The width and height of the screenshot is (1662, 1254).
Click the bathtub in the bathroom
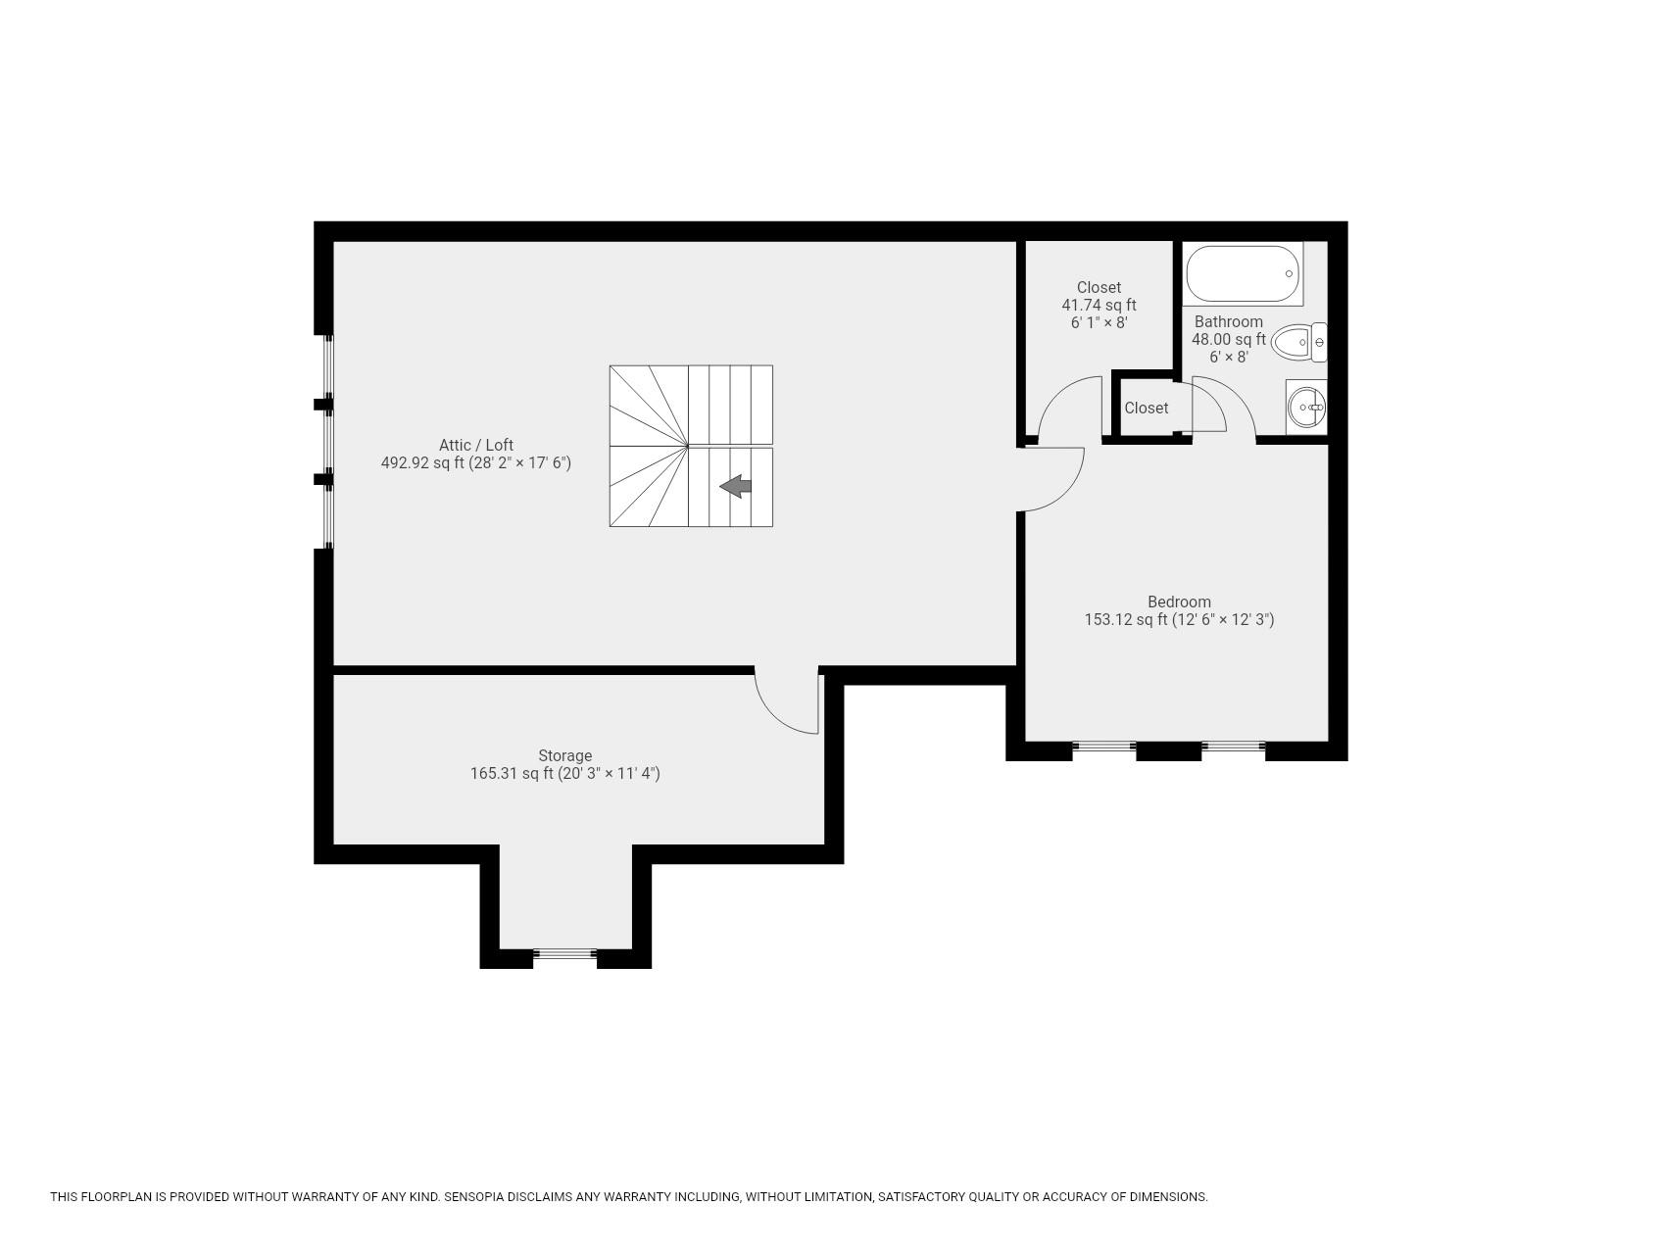(1243, 273)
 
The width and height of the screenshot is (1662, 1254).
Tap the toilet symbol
(1300, 342)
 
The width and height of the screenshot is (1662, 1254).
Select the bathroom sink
(1306, 406)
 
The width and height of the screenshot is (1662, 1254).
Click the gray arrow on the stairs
(736, 486)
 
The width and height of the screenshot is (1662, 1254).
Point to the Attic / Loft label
(475, 445)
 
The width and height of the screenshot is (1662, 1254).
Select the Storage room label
(564, 755)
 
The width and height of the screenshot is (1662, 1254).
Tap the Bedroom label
(1179, 602)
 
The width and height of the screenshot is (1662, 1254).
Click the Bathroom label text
(1228, 321)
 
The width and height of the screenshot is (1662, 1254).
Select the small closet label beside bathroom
(1146, 408)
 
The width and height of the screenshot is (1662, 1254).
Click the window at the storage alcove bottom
(565, 953)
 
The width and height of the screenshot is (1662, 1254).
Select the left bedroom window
(1104, 747)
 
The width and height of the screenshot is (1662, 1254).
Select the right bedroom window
(1233, 747)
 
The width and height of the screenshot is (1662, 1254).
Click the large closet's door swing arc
(1062, 397)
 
